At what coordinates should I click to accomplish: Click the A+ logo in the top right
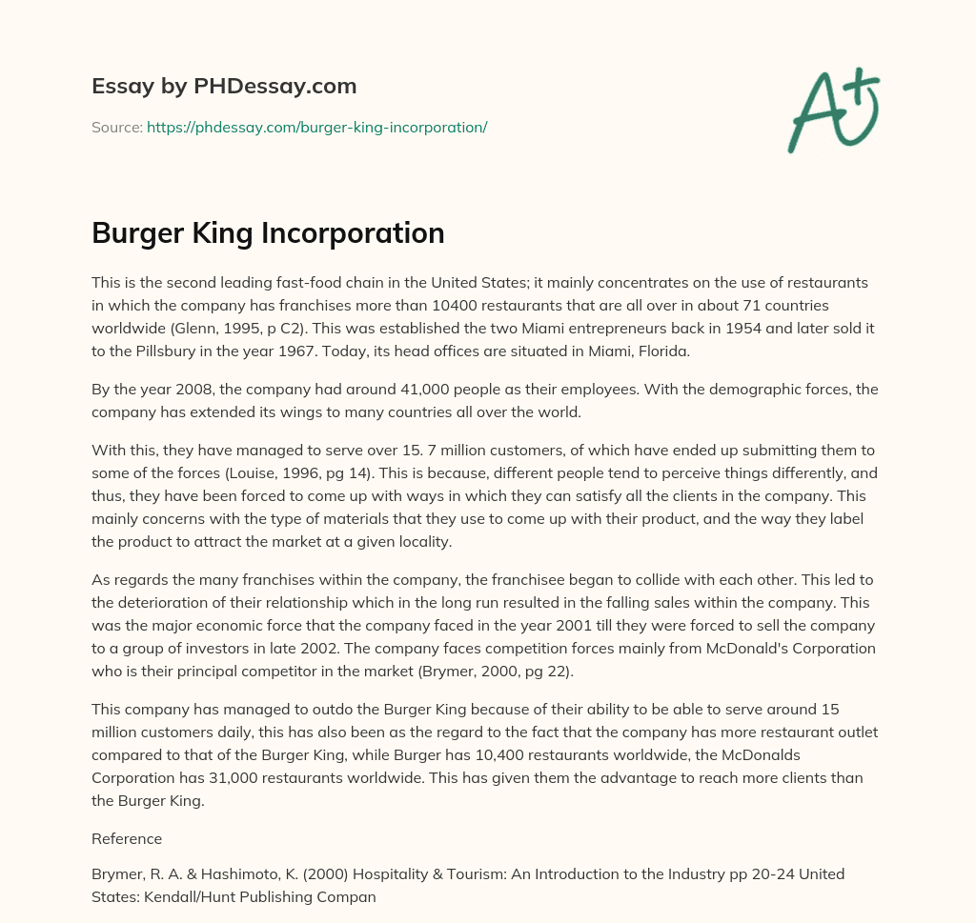[x=832, y=111]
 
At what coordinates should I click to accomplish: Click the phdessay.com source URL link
[x=316, y=127]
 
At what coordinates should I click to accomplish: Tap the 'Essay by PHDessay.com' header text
[x=224, y=87]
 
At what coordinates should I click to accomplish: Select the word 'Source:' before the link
[x=116, y=127]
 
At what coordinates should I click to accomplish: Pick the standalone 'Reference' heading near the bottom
[x=127, y=839]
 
